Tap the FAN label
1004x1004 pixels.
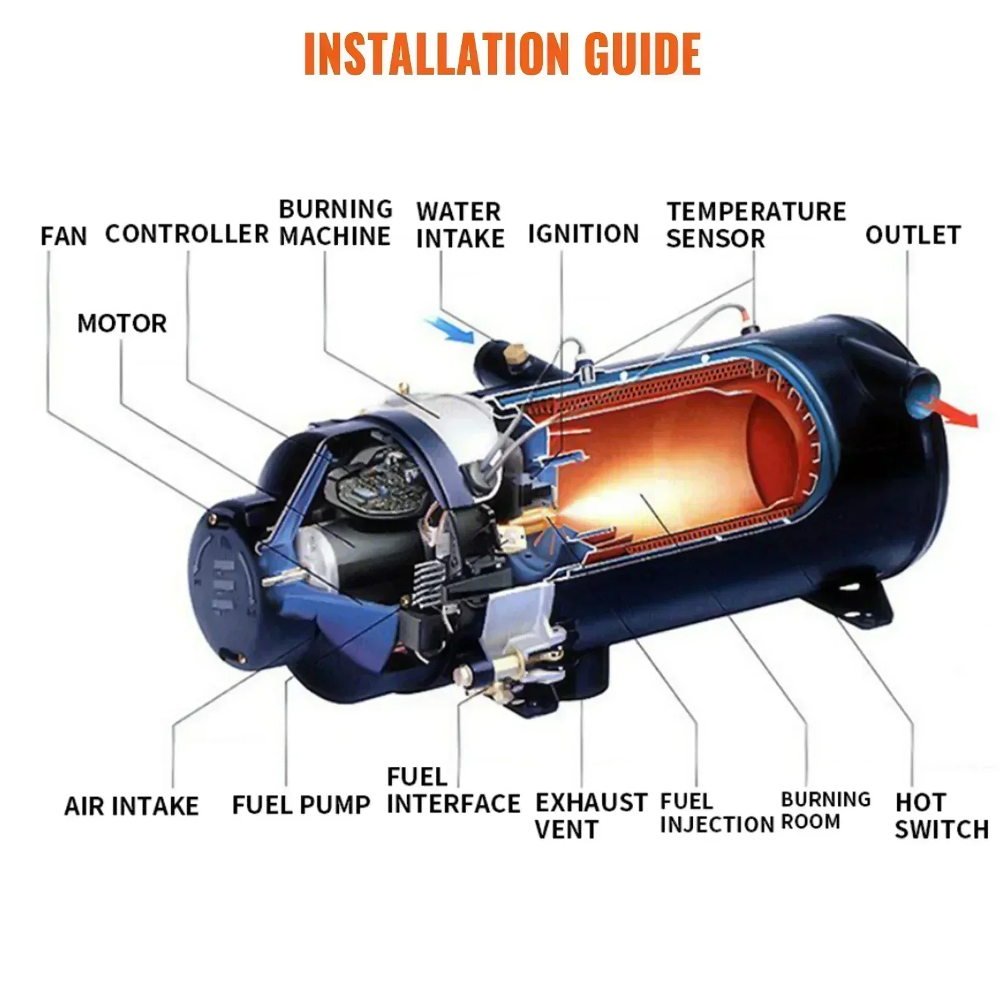tap(63, 237)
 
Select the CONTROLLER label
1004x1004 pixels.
tap(186, 233)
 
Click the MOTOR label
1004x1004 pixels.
tap(122, 324)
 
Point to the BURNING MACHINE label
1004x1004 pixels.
tap(335, 223)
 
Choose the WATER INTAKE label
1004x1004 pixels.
tap(460, 225)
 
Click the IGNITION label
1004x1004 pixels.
tap(583, 233)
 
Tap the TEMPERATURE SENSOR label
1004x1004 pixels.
tap(756, 225)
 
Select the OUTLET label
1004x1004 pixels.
tap(912, 235)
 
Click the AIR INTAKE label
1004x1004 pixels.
tap(131, 806)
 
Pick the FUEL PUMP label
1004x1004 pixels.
tap(301, 804)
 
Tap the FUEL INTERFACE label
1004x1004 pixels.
tap(453, 791)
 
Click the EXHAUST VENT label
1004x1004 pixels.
tap(590, 816)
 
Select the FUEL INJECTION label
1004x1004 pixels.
tap(717, 813)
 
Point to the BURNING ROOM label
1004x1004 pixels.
tap(825, 810)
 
